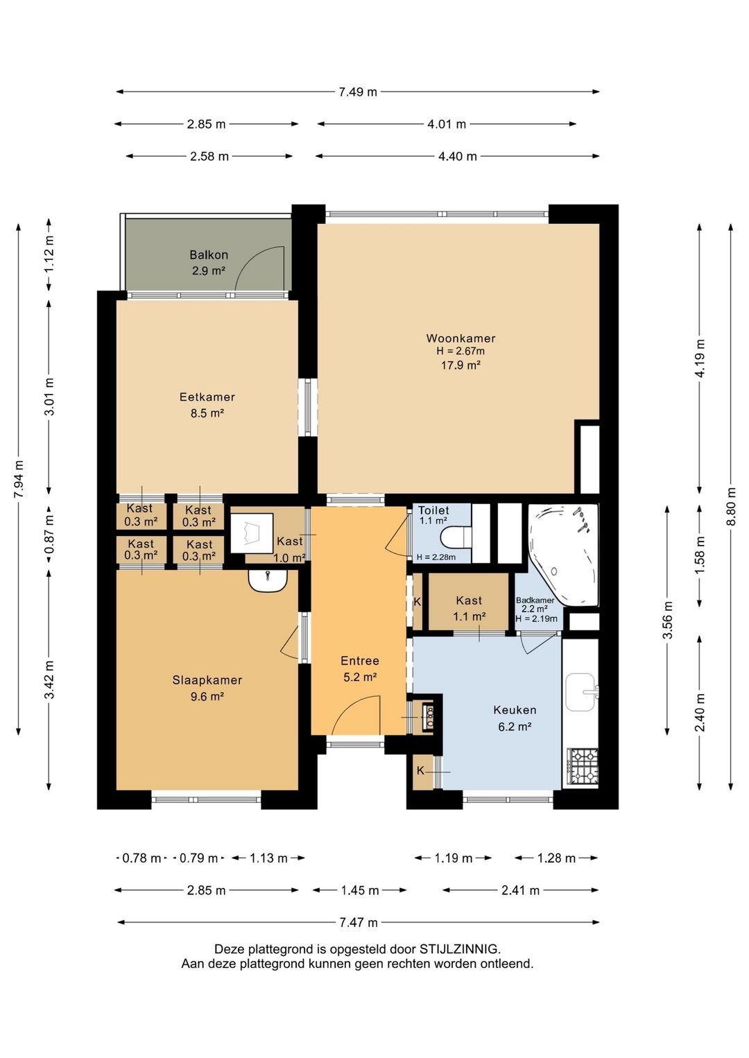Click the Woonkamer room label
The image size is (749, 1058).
tap(460, 338)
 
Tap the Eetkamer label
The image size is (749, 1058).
tap(207, 397)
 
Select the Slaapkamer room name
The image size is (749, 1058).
tap(207, 680)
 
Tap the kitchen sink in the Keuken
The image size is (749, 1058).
tap(580, 692)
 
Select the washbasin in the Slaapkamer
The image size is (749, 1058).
tap(268, 580)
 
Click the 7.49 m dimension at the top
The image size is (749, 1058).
tap(358, 92)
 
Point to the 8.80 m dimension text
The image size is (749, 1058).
tap(731, 506)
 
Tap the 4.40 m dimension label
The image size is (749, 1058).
tap(458, 156)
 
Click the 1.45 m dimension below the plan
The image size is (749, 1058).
tap(360, 890)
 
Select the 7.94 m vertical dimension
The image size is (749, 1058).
tap(19, 479)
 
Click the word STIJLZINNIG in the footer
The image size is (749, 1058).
tap(459, 948)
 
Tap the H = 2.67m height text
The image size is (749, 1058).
tap(460, 352)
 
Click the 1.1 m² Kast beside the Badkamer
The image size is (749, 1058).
tap(470, 616)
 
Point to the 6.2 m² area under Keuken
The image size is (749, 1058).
tap(515, 727)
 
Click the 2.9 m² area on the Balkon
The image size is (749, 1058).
tap(208, 271)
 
